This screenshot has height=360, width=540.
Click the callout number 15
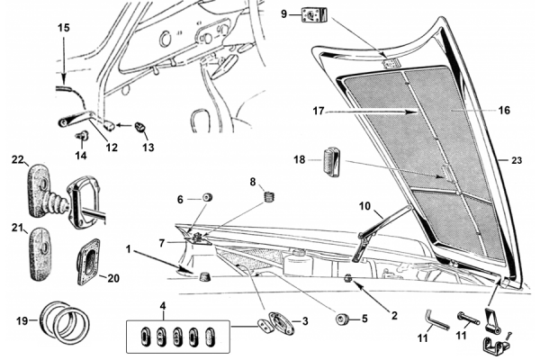[62, 28]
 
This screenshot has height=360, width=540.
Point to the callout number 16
[503, 110]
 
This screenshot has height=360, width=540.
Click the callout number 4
[163, 306]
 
